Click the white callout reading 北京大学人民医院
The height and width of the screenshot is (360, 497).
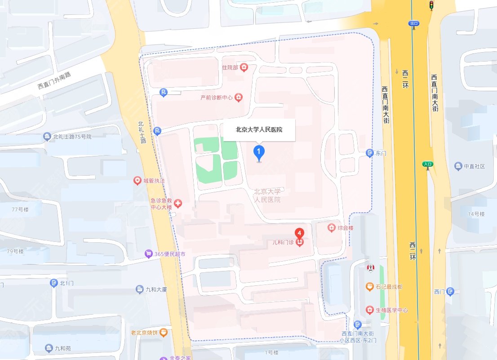pos(259,130)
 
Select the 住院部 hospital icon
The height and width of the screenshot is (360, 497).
pos(244,68)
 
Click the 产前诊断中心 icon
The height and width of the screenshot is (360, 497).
pos(238,98)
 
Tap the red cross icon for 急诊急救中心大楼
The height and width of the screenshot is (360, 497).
pos(178,204)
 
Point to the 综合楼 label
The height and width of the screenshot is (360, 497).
pos(345,228)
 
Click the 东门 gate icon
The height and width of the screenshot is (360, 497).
pos(369,153)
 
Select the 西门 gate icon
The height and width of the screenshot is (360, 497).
pos(450,292)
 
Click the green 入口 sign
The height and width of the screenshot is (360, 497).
pos(427,164)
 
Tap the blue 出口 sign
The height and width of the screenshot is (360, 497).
pos(413,23)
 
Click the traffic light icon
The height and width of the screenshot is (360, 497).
pos(431,5)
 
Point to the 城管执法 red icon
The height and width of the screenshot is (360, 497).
pos(138,181)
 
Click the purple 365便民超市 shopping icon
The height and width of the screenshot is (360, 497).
pos(148,254)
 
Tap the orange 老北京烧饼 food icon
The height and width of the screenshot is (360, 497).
pos(164,333)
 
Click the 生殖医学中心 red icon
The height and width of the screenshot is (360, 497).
pos(369,310)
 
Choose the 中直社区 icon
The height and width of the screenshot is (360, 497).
pos(458,166)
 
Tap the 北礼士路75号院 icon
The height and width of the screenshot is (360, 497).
pos(47,137)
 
